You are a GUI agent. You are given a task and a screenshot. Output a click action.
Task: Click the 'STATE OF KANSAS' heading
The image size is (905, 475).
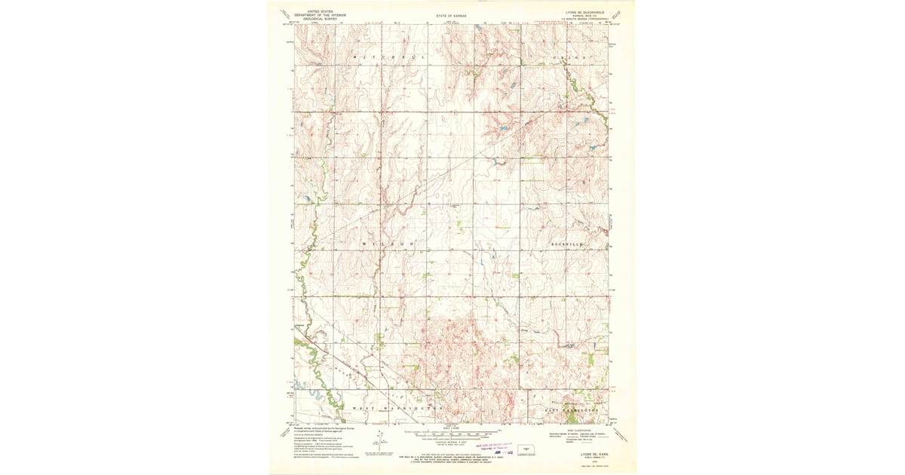(x=451, y=16)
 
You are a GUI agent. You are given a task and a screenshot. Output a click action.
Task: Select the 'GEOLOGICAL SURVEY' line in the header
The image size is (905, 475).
(x=321, y=19)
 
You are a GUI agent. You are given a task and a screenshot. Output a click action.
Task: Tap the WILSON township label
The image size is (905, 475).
(x=391, y=245)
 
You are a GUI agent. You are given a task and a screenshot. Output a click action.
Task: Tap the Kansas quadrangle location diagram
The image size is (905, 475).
(x=526, y=448)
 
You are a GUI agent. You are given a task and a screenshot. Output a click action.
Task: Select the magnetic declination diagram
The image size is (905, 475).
(x=381, y=441)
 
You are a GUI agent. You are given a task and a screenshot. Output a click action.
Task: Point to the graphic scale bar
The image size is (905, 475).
(x=451, y=434)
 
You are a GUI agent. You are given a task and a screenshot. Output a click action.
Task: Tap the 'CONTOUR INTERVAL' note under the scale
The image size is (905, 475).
(x=451, y=440)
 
